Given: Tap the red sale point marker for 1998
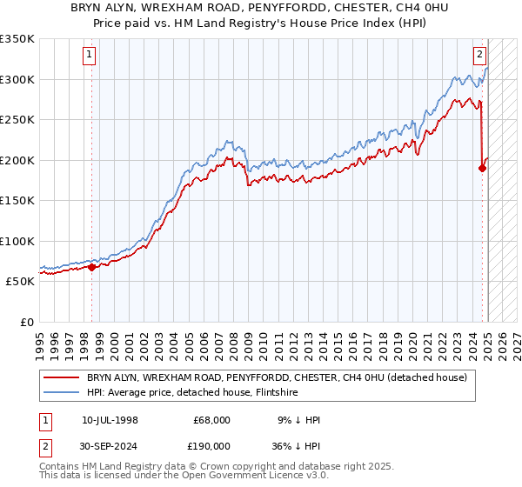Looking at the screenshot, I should [x=91, y=267].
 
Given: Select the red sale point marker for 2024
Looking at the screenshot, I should [x=482, y=169].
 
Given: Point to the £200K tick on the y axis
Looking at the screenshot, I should [x=17, y=160].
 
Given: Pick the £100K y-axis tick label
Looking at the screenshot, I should [x=17, y=241].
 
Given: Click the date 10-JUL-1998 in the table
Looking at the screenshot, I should [x=110, y=420].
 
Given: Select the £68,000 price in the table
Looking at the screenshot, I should [x=210, y=420].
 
